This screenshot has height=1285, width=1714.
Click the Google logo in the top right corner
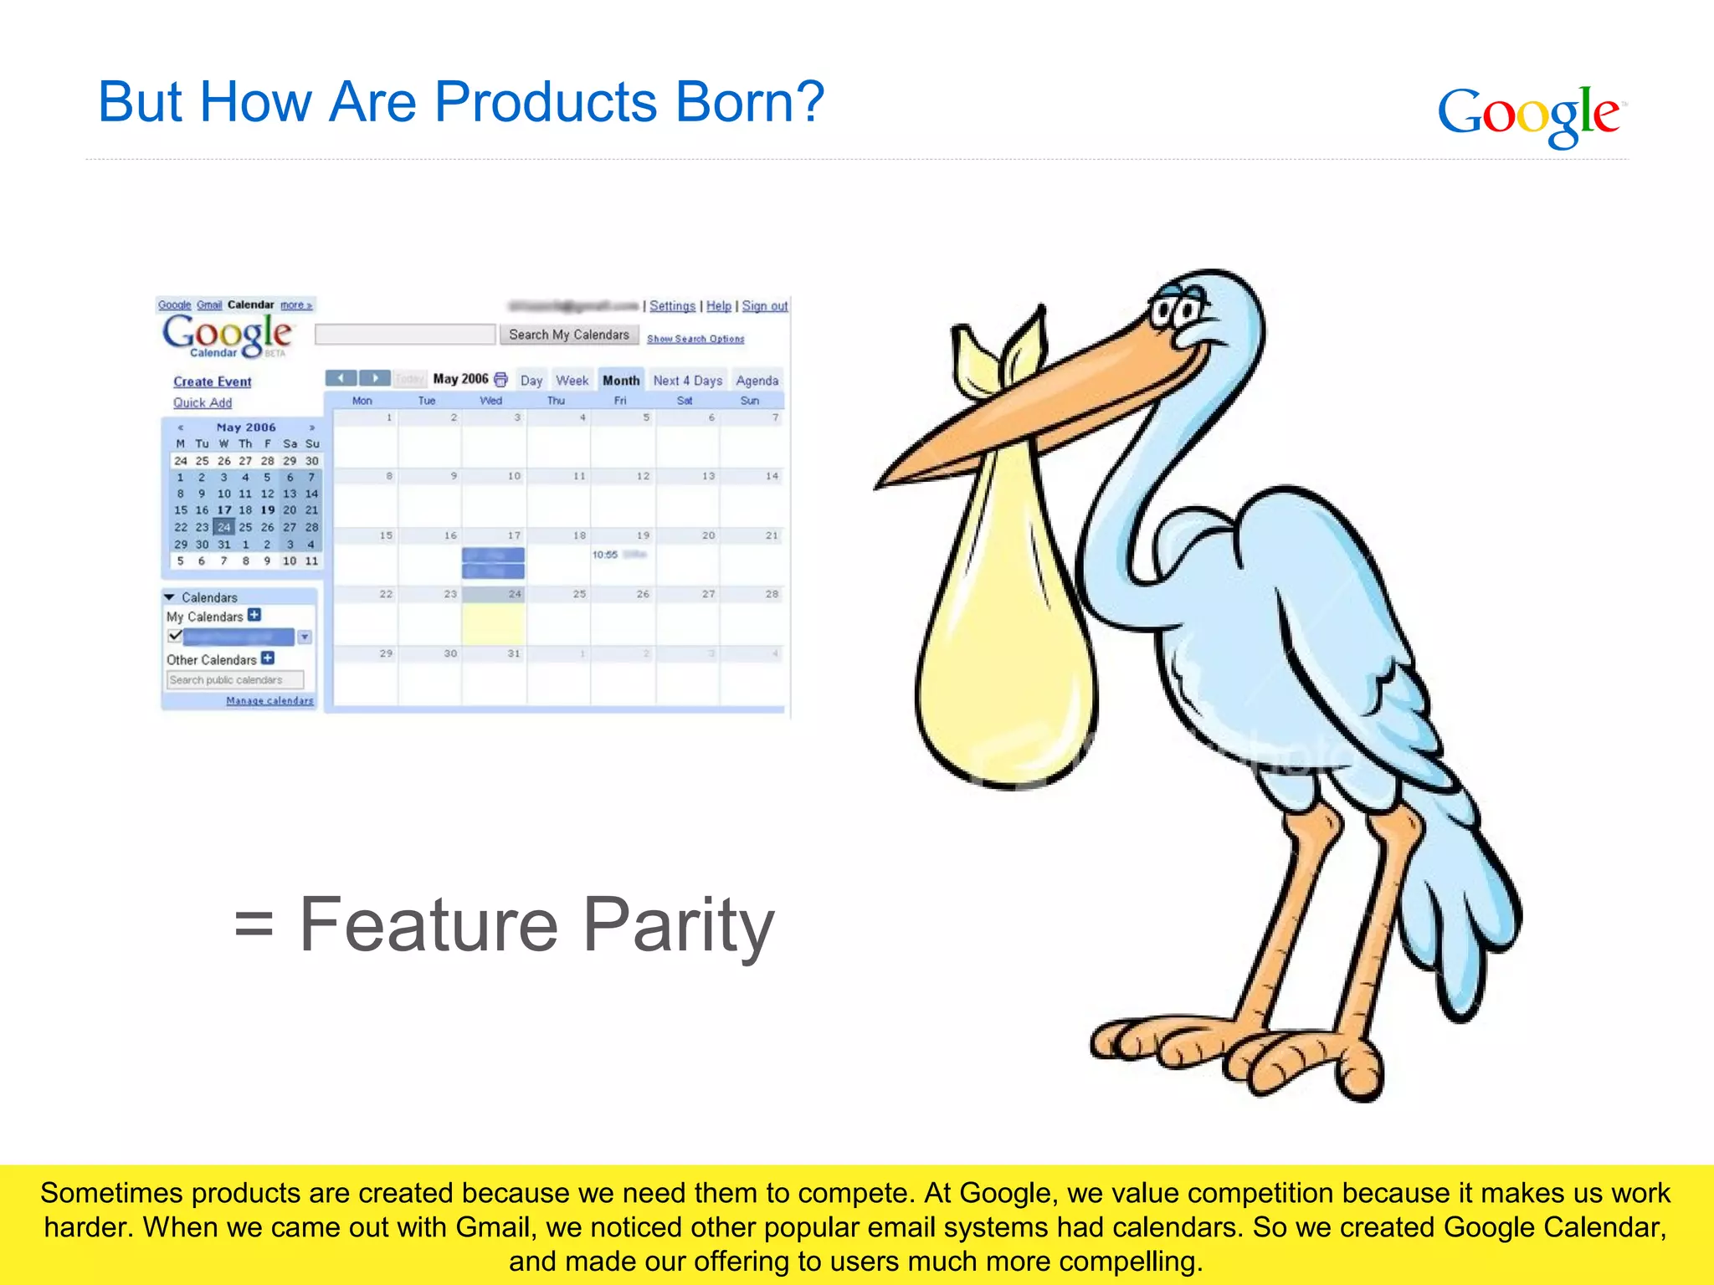pos(1530,115)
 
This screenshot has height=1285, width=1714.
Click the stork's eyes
pos(1176,312)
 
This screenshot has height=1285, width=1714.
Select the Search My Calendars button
pos(569,335)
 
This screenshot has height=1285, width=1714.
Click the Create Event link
pos(213,381)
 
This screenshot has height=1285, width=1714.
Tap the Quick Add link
pos(203,402)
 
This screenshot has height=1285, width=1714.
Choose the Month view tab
pos(621,381)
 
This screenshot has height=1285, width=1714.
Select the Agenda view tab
pos(757,381)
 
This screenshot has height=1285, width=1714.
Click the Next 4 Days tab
pos(687,381)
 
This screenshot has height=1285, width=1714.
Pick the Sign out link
pos(765,306)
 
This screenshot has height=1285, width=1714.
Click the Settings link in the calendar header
pos(672,306)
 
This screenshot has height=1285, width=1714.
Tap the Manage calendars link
pos(269,701)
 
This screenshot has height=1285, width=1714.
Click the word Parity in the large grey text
pos(678,925)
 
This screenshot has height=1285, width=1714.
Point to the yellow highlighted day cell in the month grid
pos(494,623)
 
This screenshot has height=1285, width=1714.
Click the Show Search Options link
pos(695,339)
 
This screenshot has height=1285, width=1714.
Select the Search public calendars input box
pos(234,680)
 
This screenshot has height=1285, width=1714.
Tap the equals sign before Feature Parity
pos(254,927)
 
